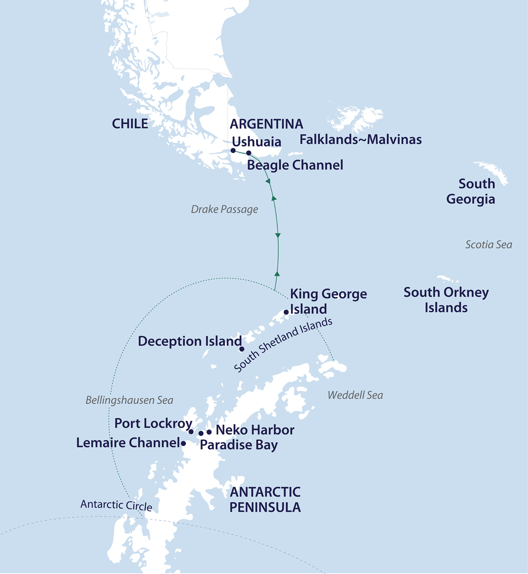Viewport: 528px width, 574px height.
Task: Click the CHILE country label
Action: pyautogui.click(x=130, y=124)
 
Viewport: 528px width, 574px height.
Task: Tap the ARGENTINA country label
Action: pyautogui.click(x=266, y=124)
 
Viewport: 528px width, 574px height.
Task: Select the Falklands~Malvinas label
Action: pyautogui.click(x=360, y=140)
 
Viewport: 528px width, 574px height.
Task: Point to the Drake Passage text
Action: pyautogui.click(x=224, y=209)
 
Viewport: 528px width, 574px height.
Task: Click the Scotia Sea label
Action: pyautogui.click(x=488, y=245)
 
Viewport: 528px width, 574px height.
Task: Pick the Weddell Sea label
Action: pyautogui.click(x=355, y=395)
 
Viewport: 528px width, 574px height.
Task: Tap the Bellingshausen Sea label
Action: pyautogui.click(x=129, y=400)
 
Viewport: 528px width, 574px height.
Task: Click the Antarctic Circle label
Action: pyautogui.click(x=116, y=506)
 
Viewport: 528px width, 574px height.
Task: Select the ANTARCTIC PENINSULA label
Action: pyautogui.click(x=265, y=500)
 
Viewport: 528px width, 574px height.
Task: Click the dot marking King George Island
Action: pyautogui.click(x=286, y=312)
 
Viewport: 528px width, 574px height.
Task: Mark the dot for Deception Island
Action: pyautogui.click(x=242, y=349)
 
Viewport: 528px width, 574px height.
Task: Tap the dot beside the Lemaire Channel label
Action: pyautogui.click(x=184, y=444)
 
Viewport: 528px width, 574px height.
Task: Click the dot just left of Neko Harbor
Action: pyautogui.click(x=209, y=432)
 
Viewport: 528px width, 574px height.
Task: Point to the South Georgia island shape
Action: pyautogui.click(x=492, y=171)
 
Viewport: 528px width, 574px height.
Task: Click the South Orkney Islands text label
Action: pyautogui.click(x=446, y=300)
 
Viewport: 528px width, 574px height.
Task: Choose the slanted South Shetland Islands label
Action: pyautogui.click(x=283, y=344)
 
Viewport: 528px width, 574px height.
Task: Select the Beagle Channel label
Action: pyautogui.click(x=295, y=165)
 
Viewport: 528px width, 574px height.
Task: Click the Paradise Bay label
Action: pyautogui.click(x=239, y=445)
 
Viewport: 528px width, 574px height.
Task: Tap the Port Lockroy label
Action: pyautogui.click(x=153, y=424)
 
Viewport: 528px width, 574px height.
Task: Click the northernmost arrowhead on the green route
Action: pyautogui.click(x=268, y=181)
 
